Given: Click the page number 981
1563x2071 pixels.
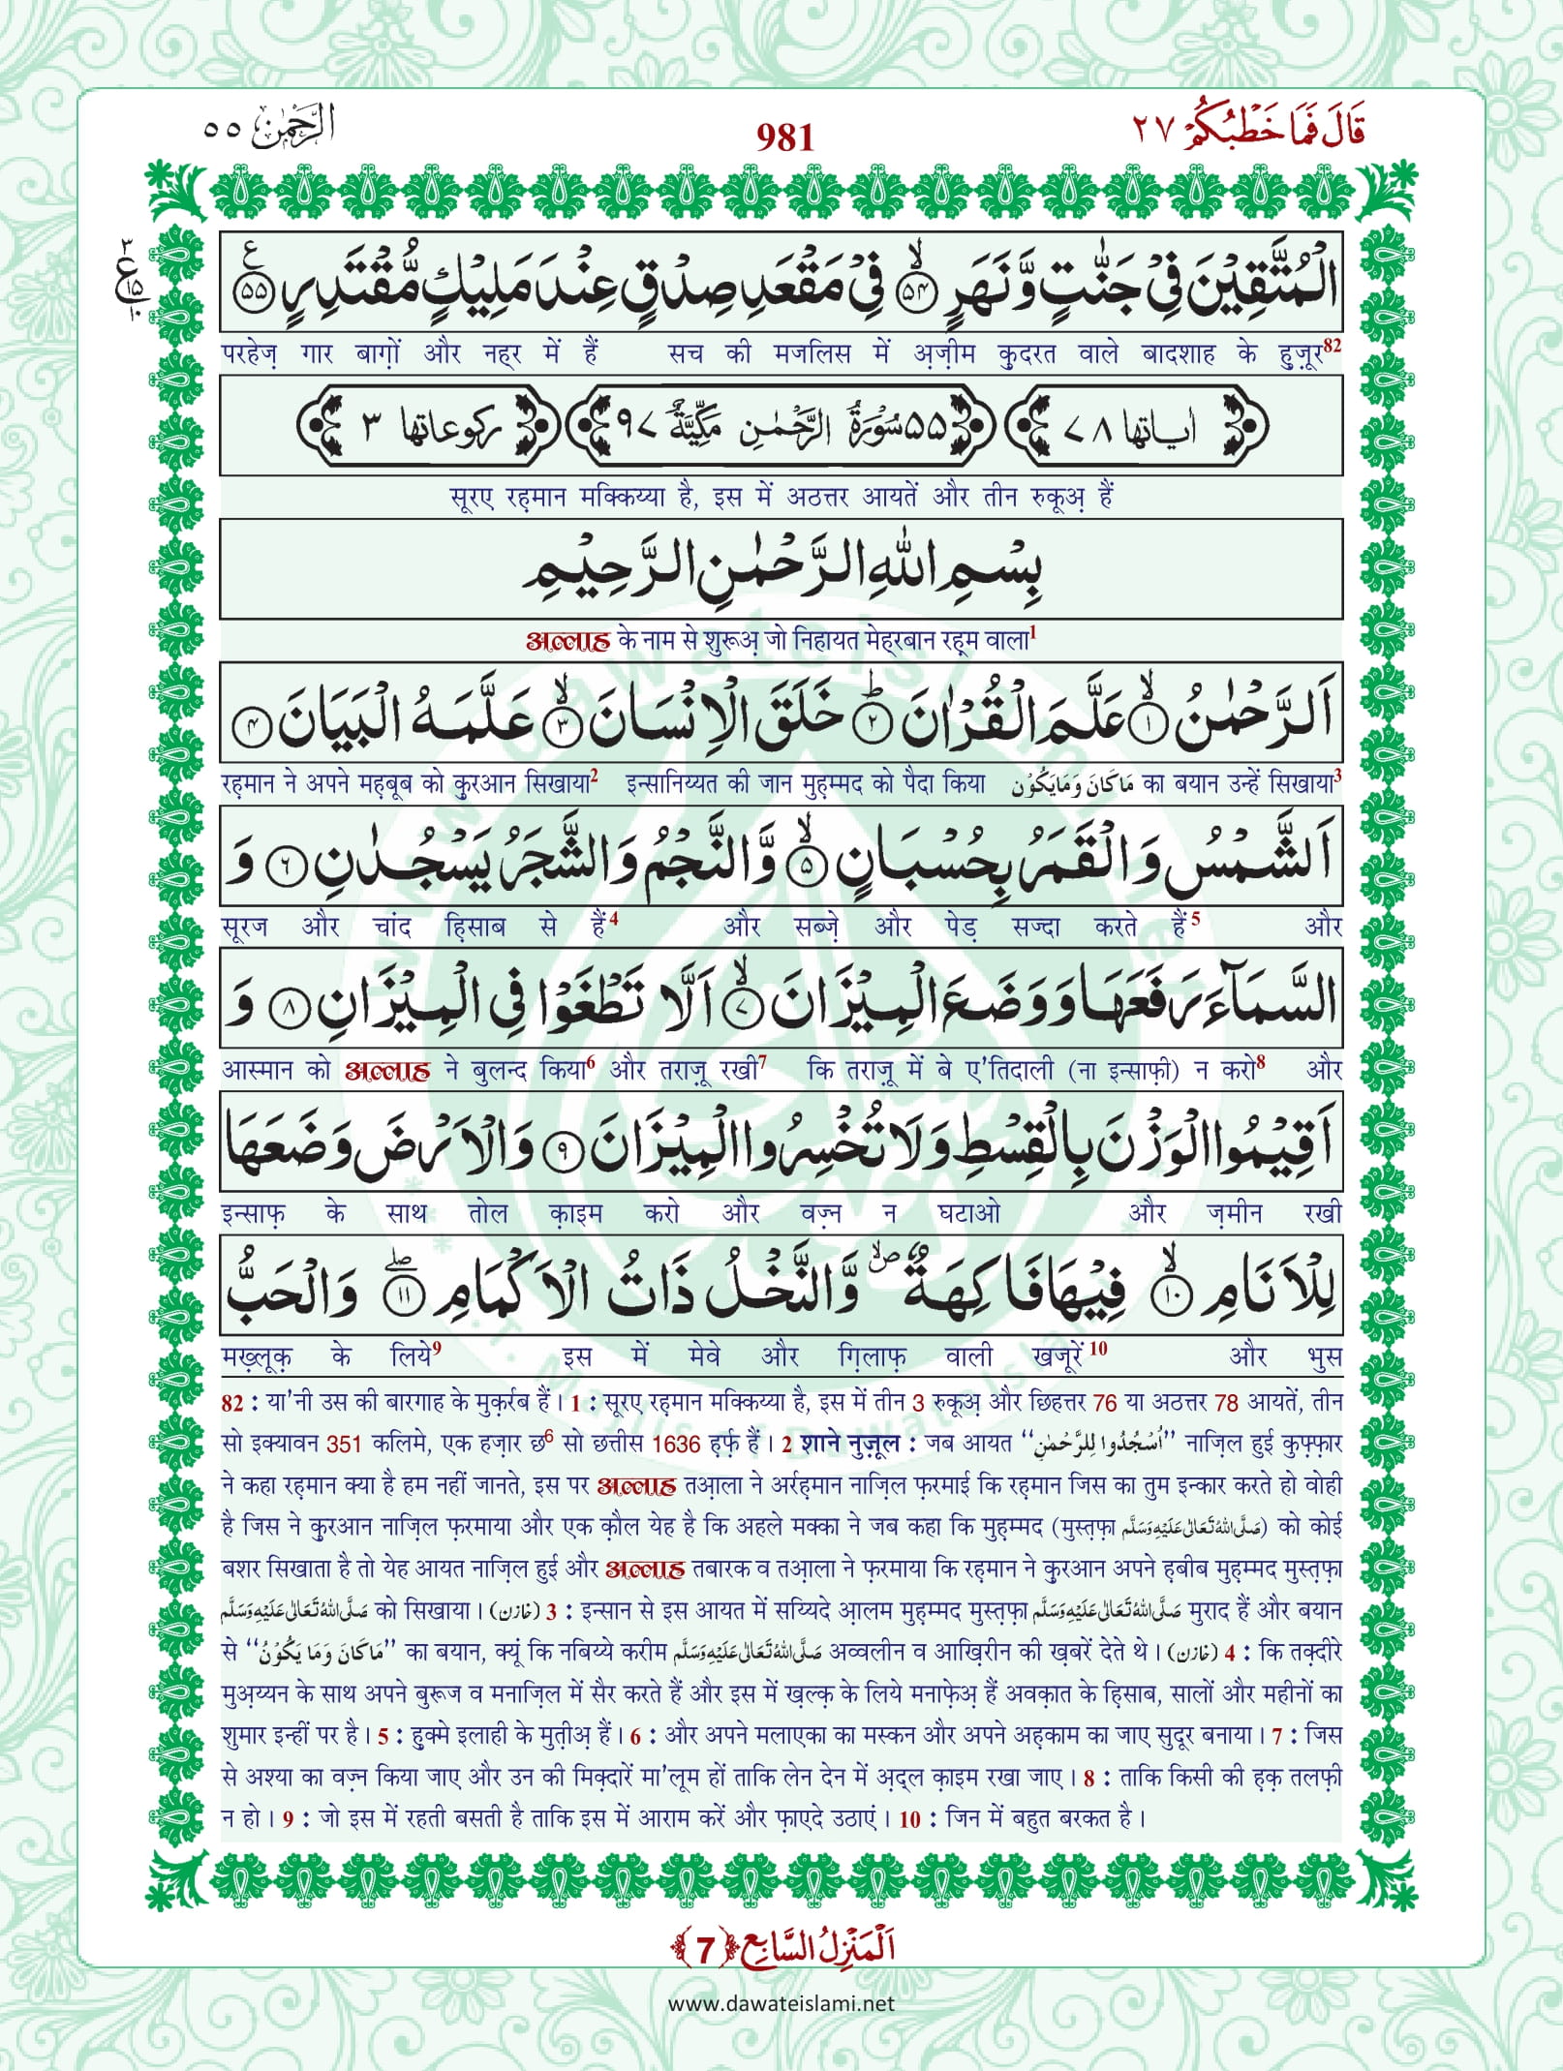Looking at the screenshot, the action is pyautogui.click(x=784, y=138).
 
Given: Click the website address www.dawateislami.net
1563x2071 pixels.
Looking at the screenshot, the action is pyautogui.click(x=781, y=2003).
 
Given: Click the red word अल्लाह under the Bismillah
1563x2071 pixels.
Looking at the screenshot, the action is pyautogui.click(x=567, y=641).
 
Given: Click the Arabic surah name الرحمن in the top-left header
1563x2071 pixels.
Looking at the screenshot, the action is pyautogui.click(x=292, y=128).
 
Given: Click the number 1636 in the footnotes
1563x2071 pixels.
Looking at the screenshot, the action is pyautogui.click(x=676, y=1444).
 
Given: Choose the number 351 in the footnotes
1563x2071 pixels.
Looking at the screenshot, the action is pyautogui.click(x=343, y=1444).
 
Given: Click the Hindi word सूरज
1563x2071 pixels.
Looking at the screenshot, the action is pyautogui.click(x=244, y=927).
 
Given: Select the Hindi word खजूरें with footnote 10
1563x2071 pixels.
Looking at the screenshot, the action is pyautogui.click(x=1060, y=1355).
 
